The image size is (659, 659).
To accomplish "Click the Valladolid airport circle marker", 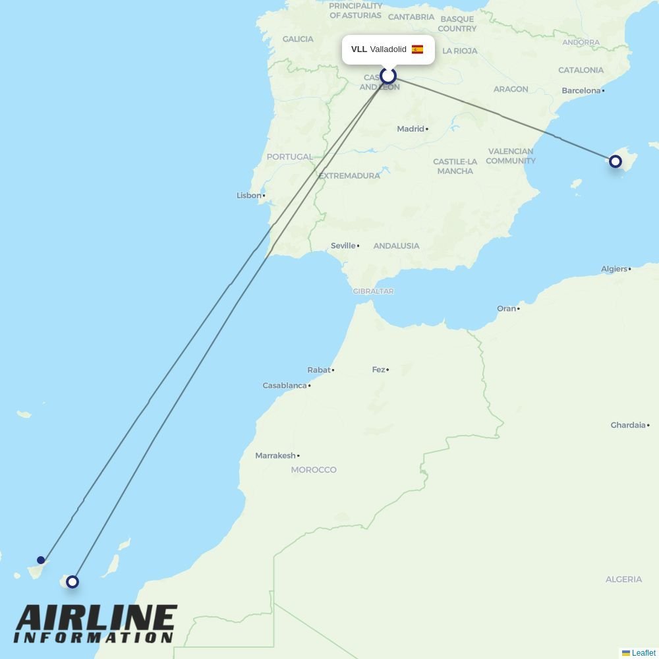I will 387,76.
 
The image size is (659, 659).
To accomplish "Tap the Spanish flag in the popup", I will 417,49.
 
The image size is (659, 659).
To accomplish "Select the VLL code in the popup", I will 358,49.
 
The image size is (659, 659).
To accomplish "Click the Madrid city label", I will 411,129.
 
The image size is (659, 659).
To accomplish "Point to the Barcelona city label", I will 581,91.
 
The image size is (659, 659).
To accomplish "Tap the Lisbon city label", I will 249,196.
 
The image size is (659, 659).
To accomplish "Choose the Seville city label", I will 343,246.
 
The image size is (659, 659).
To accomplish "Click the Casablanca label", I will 285,386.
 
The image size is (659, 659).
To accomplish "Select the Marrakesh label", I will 275,455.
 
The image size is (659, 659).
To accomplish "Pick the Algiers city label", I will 614,269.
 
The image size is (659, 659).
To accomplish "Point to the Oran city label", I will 506,308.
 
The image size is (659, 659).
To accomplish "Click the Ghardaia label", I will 628,425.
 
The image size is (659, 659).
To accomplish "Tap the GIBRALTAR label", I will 373,291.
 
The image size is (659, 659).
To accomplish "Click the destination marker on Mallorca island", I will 615,161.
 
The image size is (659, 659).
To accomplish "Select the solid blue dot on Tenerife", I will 41,560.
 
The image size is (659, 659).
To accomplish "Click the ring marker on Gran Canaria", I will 72,582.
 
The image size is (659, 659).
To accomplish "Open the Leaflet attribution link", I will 643,653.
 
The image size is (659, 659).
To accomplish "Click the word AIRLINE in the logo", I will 96,619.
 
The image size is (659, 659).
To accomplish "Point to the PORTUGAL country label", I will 289,157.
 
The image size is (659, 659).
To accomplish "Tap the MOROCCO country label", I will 314,470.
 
